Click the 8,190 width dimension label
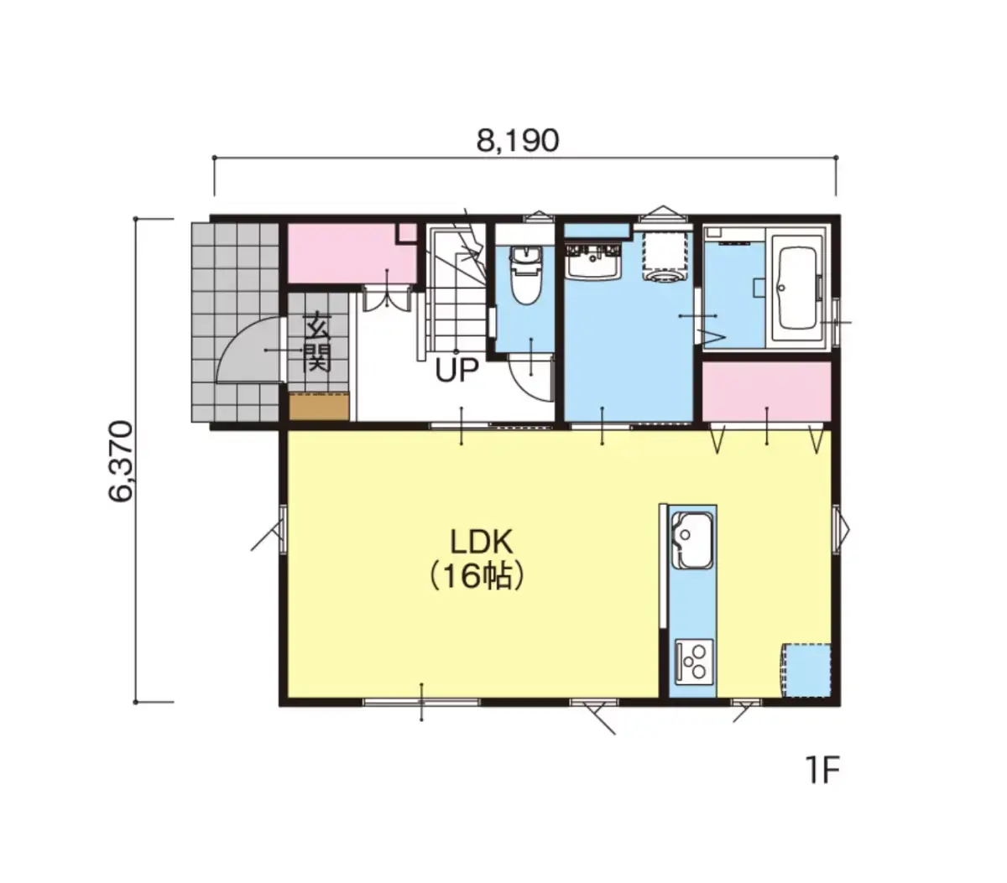point(518,141)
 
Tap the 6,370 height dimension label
point(121,461)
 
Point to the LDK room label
point(481,542)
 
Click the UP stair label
point(457,370)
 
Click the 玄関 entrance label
point(317,341)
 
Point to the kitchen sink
point(691,542)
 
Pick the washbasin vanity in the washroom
point(593,262)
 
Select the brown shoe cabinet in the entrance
point(319,406)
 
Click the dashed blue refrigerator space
point(806,671)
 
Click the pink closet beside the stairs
point(352,254)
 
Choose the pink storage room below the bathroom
point(766,392)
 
